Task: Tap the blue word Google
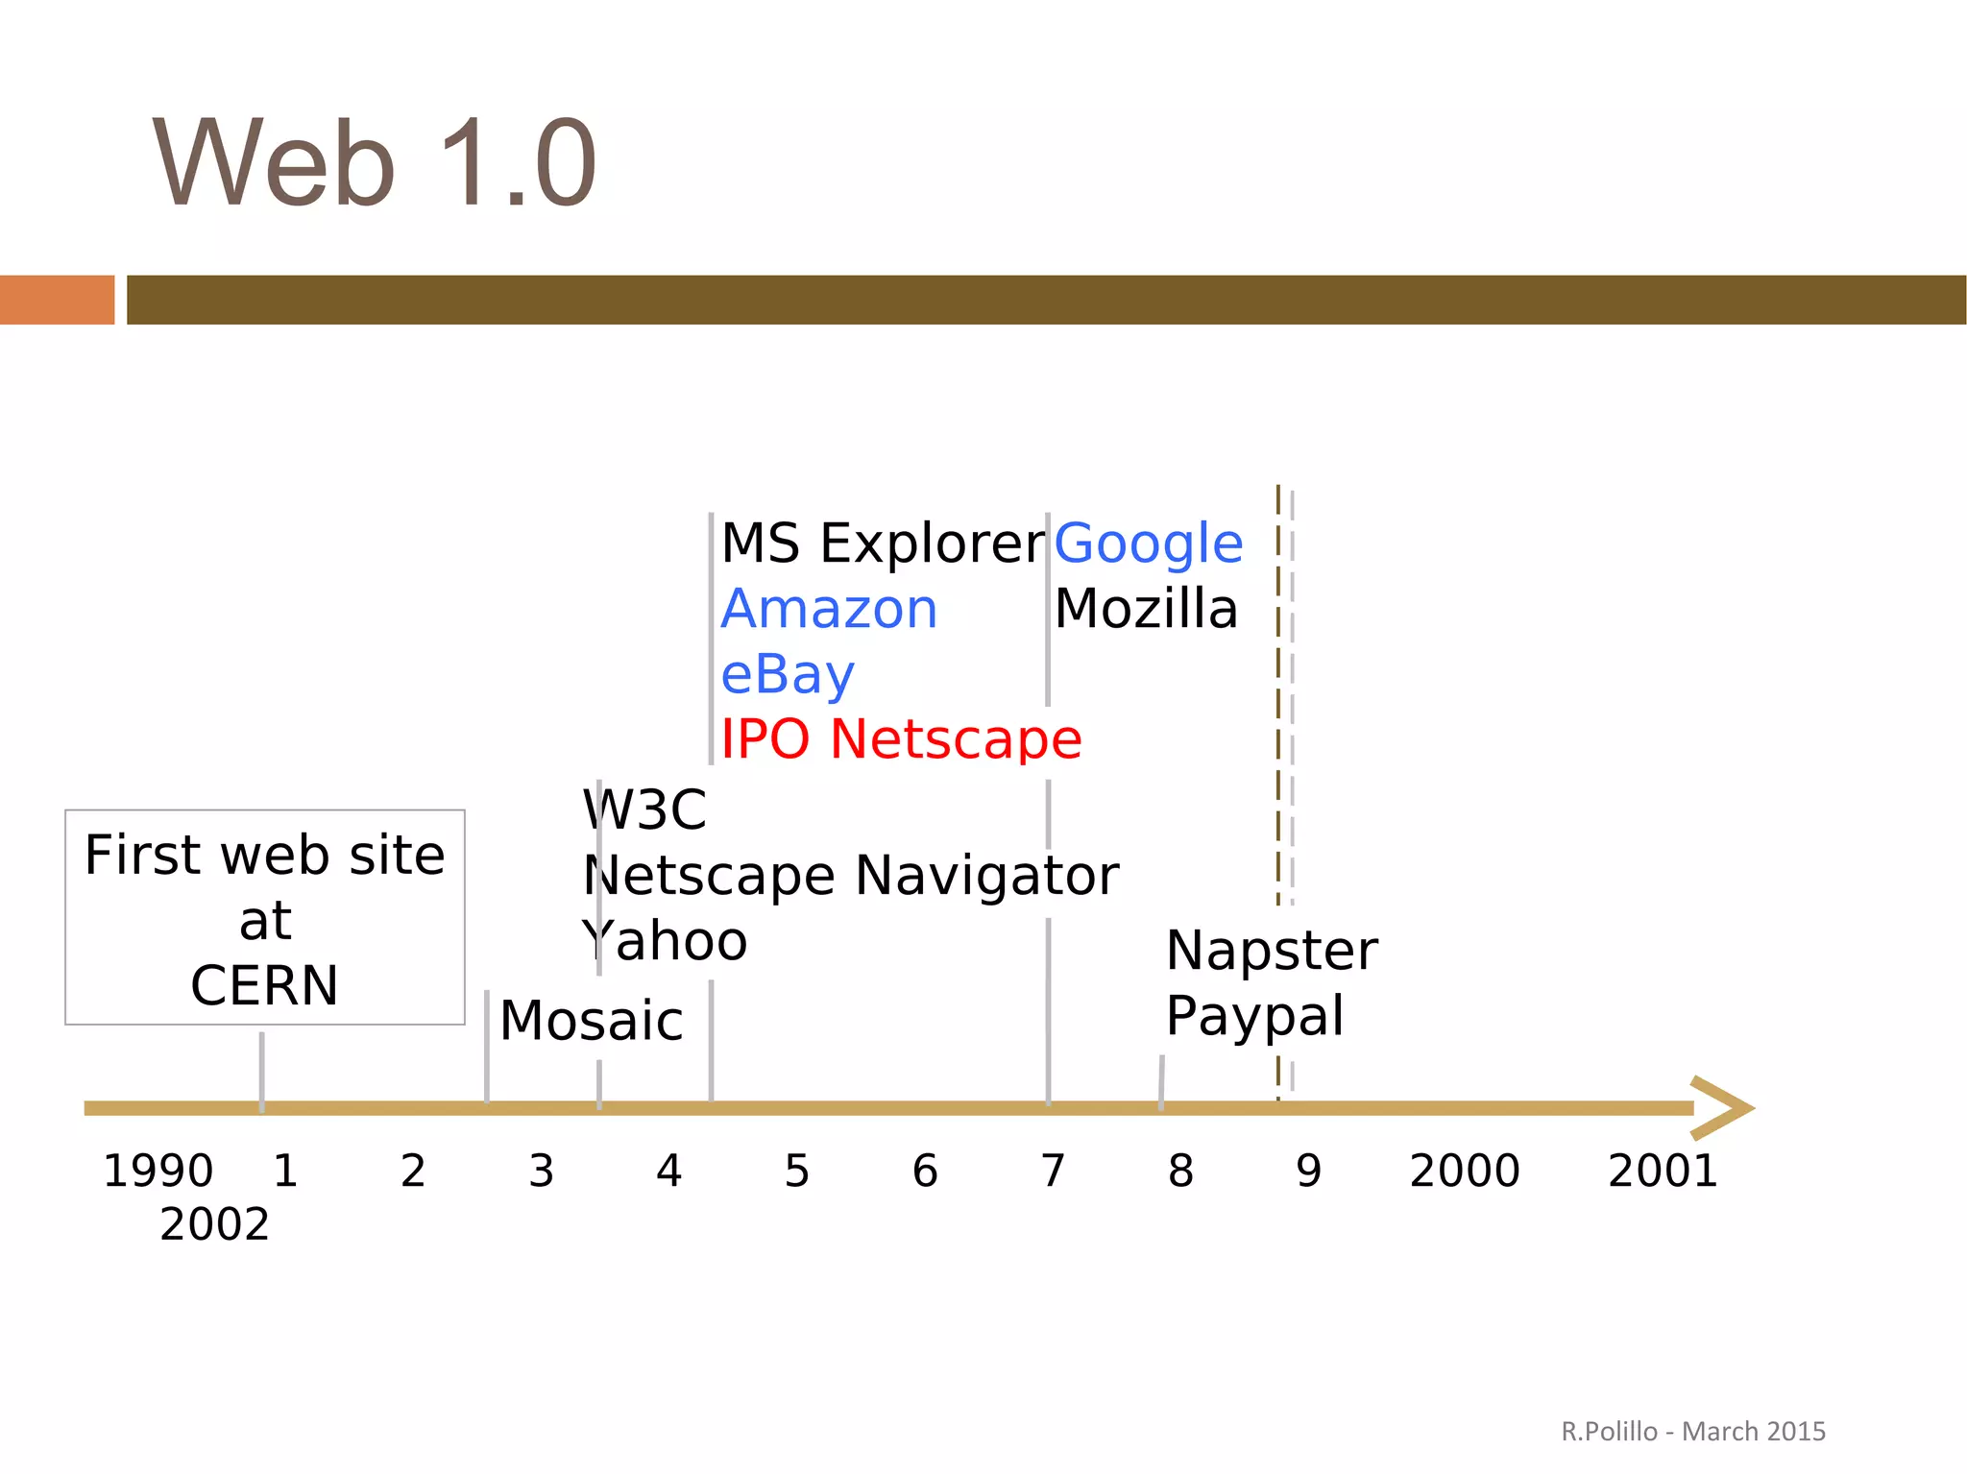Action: (1148, 544)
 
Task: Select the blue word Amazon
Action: (829, 609)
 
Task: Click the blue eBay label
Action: (787, 674)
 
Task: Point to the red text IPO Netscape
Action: (901, 739)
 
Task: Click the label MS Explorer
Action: (882, 544)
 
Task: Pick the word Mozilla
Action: (1146, 609)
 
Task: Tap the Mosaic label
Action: (591, 1020)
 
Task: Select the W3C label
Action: (644, 809)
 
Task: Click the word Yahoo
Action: (665, 941)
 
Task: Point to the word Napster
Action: (1271, 951)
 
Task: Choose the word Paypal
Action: (1254, 1016)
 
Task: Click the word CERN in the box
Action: (264, 985)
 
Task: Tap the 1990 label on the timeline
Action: (158, 1171)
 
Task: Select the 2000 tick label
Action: (1464, 1171)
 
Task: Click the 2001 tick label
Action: (1663, 1171)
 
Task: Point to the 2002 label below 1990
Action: (214, 1224)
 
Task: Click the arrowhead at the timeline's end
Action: (1724, 1108)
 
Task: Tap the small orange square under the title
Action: (57, 300)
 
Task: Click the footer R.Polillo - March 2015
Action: (1692, 1432)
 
